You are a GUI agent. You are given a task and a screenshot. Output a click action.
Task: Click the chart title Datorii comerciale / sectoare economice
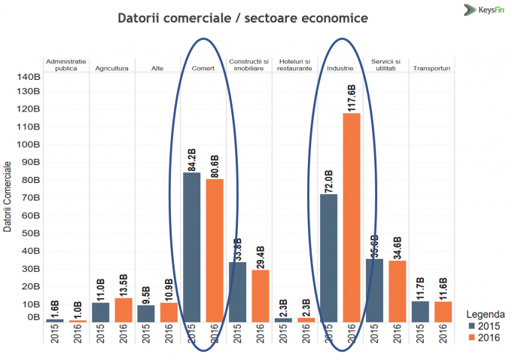242,17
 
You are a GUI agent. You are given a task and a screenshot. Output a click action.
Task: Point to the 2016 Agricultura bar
123,310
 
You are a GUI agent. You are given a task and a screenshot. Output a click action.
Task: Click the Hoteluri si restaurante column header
295,64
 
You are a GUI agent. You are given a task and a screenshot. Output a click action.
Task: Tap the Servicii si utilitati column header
386,64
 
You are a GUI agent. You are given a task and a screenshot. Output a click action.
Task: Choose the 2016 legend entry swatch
472,337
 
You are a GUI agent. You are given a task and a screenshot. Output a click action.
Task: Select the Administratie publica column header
66,64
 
